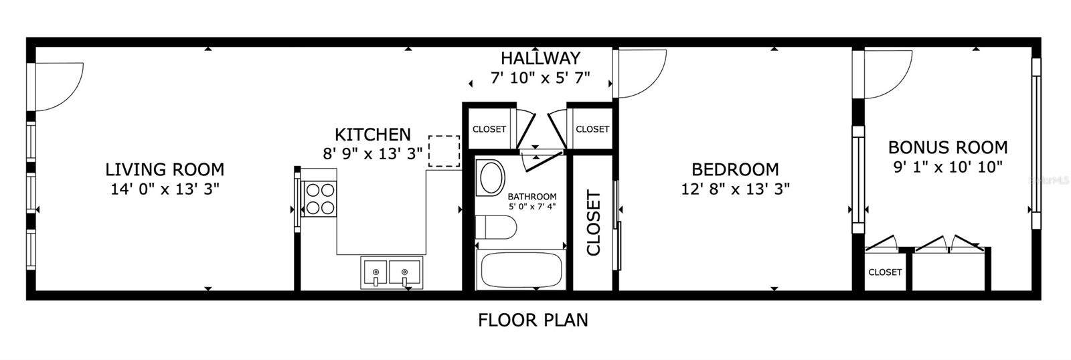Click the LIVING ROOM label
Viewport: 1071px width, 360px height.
pos(165,169)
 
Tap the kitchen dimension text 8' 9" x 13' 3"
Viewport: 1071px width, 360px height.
pos(372,154)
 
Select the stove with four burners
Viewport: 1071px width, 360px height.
pos(319,199)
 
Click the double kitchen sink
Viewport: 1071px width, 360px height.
pos(391,273)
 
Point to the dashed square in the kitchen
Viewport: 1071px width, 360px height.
pos(444,151)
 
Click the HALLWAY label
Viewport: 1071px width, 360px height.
pos(540,58)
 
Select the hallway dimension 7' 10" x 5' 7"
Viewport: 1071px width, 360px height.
pos(540,78)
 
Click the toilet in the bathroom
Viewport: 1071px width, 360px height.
pos(495,228)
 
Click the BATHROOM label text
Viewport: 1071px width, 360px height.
pos(531,196)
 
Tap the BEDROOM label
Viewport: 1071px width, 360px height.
pos(735,169)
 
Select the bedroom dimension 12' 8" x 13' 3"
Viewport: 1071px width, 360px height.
pos(735,189)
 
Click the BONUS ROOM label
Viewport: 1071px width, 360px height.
pos(947,147)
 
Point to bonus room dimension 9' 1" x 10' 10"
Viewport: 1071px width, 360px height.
pos(947,167)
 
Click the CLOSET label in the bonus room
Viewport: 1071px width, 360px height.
pos(885,272)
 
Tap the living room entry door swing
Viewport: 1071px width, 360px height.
pos(59,86)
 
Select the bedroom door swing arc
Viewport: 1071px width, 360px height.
pos(642,74)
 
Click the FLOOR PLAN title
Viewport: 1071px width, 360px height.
pos(533,320)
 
